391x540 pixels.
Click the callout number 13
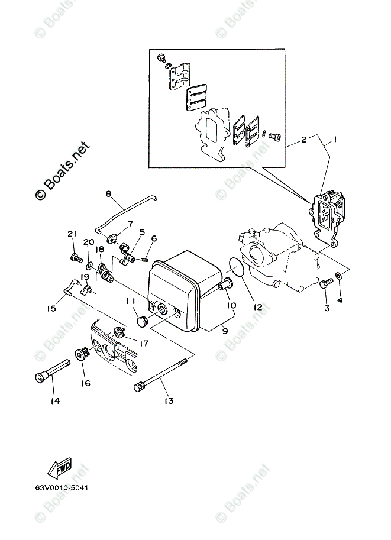[x=169, y=401]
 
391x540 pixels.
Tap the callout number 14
[x=55, y=401]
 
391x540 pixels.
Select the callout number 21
[x=72, y=234]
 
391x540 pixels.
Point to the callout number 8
[x=108, y=194]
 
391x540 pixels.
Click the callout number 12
[x=258, y=307]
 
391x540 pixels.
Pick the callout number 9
[x=225, y=331]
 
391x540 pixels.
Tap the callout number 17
[x=144, y=344]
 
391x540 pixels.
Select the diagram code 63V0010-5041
[x=62, y=487]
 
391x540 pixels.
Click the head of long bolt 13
[x=139, y=387]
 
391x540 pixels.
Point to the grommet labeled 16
[x=81, y=354]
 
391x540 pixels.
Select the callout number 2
[x=303, y=140]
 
